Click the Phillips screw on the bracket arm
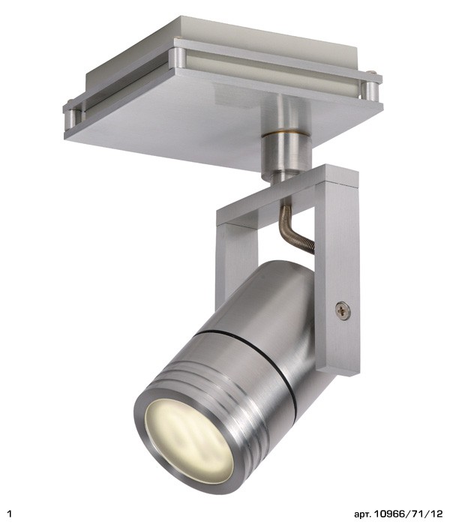(x=343, y=310)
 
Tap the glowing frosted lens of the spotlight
(x=190, y=441)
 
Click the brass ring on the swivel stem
(x=286, y=133)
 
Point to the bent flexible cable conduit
(x=294, y=228)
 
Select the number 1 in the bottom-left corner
(x=10, y=513)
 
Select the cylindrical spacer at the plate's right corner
(x=371, y=91)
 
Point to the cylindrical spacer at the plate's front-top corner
(x=178, y=58)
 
